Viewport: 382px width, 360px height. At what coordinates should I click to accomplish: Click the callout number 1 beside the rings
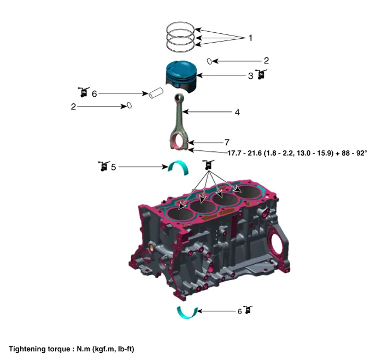[250, 38]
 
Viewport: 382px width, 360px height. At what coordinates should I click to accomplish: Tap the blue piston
[181, 76]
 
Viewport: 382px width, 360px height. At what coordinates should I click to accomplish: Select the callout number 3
[250, 76]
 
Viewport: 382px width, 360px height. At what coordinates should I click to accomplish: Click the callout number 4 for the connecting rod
[237, 113]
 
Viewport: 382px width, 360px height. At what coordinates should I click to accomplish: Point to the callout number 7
[227, 142]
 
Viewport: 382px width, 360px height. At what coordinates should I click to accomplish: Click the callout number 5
[113, 167]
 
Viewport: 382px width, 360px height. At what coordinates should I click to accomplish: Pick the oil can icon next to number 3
[261, 74]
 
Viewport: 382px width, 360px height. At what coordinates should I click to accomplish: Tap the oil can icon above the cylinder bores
[208, 165]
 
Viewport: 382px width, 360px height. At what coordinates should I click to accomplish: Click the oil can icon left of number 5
[104, 166]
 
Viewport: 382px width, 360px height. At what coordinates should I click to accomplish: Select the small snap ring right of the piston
[209, 61]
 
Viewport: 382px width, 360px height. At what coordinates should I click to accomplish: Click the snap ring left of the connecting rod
[130, 105]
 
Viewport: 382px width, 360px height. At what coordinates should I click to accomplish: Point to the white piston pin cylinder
[156, 93]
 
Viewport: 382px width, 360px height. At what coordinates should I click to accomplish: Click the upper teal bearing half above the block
[179, 167]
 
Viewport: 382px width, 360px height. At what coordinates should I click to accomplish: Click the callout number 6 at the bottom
[240, 311]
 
